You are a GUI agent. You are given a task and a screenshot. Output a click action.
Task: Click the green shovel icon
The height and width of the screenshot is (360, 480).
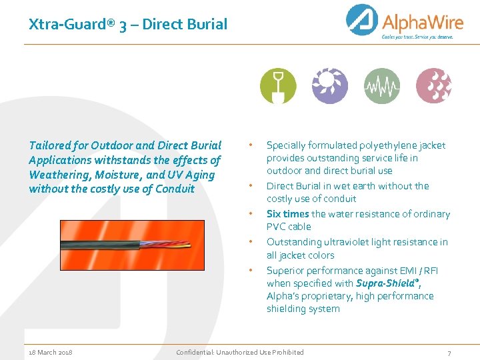(x=278, y=86)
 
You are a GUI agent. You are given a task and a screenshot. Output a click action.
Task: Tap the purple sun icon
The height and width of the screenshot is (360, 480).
(x=330, y=86)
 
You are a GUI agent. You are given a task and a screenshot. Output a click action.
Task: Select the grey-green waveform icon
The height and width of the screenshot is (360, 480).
(x=382, y=86)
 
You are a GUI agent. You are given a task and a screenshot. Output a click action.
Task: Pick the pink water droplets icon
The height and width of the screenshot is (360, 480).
(x=434, y=86)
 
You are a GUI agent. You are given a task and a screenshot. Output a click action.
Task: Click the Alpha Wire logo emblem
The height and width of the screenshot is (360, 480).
(x=362, y=20)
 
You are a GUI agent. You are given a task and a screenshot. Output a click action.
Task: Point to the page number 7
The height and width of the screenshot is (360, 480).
(x=449, y=353)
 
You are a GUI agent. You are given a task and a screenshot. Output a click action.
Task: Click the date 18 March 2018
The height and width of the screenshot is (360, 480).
(x=51, y=352)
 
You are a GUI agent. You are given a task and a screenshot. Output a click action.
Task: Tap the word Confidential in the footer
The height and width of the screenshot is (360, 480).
(x=194, y=352)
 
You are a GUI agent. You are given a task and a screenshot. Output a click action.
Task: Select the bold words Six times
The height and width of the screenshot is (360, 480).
(x=287, y=214)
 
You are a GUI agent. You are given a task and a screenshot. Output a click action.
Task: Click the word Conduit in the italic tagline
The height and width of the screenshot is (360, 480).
(x=175, y=189)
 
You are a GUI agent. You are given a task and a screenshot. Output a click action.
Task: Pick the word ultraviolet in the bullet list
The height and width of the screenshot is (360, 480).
(x=345, y=242)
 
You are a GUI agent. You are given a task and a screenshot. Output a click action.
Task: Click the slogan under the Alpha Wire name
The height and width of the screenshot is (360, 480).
(x=417, y=37)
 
